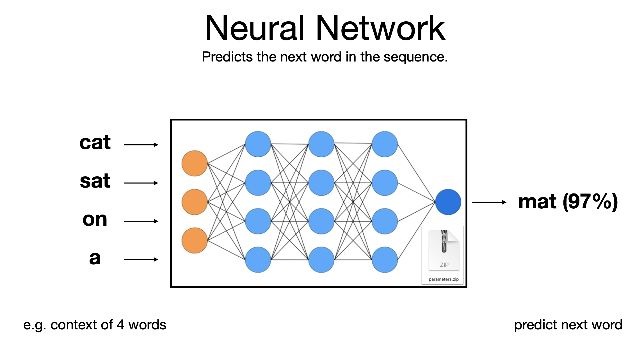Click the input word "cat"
(x=95, y=143)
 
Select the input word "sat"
(x=95, y=181)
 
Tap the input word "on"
(x=95, y=219)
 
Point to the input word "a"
(x=95, y=258)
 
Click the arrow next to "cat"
(x=141, y=145)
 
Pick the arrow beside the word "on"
(x=141, y=221)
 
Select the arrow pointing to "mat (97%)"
(x=489, y=202)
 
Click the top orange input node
(x=195, y=163)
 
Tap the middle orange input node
(x=195, y=202)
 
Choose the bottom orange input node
(x=195, y=240)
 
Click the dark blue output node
(x=448, y=202)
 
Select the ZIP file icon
(x=444, y=250)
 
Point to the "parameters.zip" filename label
(x=444, y=279)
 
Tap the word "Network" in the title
(x=380, y=28)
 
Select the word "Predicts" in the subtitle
(x=227, y=57)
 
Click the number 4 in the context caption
(x=120, y=325)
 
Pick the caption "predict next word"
(x=568, y=325)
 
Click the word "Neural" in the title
(x=255, y=28)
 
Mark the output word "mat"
(x=537, y=202)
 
